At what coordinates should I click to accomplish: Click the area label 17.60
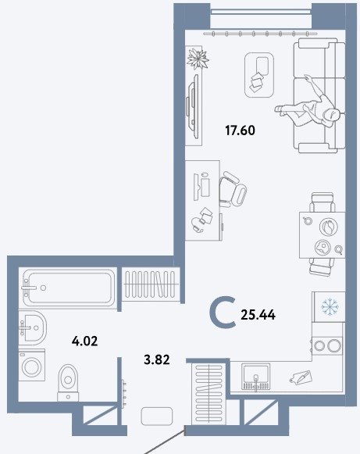coord(240,130)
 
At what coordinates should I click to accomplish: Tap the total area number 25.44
coord(258,314)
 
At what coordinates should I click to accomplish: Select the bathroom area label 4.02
coord(84,341)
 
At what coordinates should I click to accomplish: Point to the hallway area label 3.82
coord(156,359)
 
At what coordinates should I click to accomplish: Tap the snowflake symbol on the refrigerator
coord(330,307)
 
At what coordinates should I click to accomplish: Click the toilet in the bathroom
coord(68,382)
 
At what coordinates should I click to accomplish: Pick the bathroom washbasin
coord(32,327)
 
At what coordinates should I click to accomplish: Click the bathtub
coord(68,288)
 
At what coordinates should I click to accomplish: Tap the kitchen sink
coord(256,377)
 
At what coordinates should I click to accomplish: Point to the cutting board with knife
coord(301,377)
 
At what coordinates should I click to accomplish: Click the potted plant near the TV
coord(198,59)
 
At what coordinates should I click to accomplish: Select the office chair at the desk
coord(233,189)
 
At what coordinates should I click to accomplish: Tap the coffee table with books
coord(259,75)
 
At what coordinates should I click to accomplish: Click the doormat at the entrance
coord(157,416)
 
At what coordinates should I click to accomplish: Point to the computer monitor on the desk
coord(196,187)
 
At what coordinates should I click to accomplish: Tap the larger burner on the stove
coord(334,345)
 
